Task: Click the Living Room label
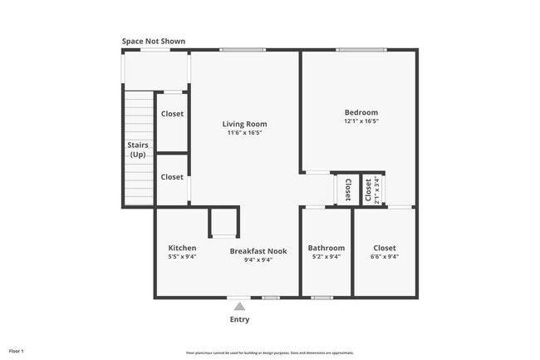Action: tap(244, 124)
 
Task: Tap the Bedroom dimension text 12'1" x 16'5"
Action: tap(361, 121)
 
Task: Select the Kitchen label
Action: tap(182, 248)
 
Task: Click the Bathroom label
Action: tap(326, 248)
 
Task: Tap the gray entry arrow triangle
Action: tap(239, 307)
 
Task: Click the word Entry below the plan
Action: tap(239, 319)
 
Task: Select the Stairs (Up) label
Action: tap(138, 150)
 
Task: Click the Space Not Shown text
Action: tap(154, 41)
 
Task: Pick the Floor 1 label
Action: tap(17, 351)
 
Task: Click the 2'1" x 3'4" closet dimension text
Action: tap(377, 189)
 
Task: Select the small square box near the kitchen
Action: tap(223, 223)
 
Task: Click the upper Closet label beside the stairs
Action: tap(172, 114)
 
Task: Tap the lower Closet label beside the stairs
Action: tap(172, 177)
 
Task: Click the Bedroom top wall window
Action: tap(361, 50)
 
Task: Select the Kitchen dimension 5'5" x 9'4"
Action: tap(182, 258)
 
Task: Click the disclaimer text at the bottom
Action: tap(269, 353)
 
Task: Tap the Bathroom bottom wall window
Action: tap(322, 298)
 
